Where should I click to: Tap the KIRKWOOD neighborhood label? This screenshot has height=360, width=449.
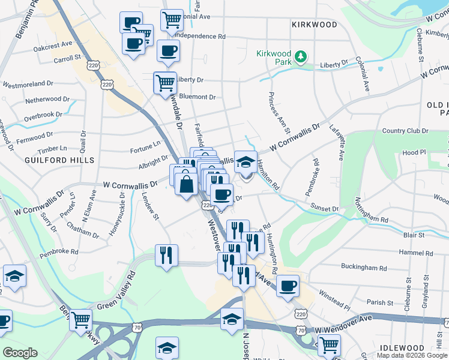point(314,25)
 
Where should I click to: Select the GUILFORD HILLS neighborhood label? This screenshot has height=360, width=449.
point(59,160)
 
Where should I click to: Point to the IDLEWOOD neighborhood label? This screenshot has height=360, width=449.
point(402,348)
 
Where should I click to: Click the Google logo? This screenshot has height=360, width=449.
point(20,353)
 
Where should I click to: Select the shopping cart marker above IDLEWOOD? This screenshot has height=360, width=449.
point(329,345)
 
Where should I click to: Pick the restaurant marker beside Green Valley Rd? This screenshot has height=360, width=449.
point(166,254)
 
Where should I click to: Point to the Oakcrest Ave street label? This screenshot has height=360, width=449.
point(53,45)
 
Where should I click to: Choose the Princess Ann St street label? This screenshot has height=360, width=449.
point(280,113)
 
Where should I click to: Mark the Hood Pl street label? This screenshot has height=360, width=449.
point(414,153)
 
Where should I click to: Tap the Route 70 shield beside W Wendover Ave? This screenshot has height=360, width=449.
point(301,330)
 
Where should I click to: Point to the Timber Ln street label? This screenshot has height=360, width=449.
point(52,148)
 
